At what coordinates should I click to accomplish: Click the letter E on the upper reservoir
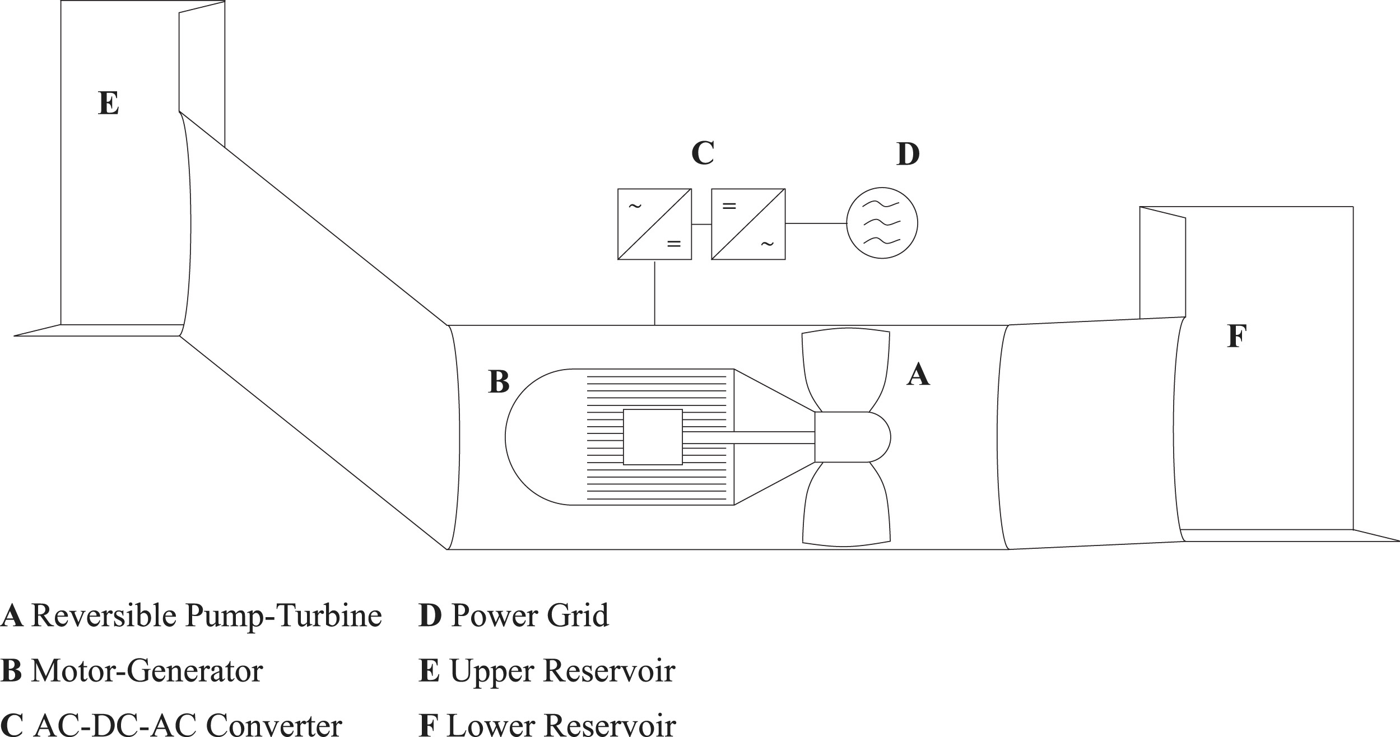tap(108, 104)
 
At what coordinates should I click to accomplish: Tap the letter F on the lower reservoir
tap(1236, 337)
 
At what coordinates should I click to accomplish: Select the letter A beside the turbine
tap(918, 375)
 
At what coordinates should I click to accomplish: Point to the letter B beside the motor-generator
tap(499, 382)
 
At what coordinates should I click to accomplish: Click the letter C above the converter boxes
tap(703, 153)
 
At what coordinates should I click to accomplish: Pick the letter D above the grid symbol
tap(908, 154)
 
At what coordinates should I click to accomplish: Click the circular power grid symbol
tap(882, 223)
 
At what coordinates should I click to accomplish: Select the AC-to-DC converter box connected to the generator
tap(654, 224)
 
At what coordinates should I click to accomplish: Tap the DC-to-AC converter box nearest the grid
tap(748, 224)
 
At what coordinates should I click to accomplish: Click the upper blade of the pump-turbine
tap(846, 370)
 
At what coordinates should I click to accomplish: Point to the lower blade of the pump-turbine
tap(846, 504)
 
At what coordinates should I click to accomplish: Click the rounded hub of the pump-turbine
tap(852, 437)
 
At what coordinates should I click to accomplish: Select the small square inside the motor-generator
tap(653, 437)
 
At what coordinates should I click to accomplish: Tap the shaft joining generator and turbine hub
tap(748, 437)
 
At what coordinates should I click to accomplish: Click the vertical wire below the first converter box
tap(655, 292)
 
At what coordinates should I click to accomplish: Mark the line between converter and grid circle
tap(815, 223)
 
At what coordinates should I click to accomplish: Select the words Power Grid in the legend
tap(529, 615)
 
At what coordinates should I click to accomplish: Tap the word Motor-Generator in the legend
tap(147, 670)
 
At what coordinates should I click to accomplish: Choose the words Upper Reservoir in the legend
tap(562, 670)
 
